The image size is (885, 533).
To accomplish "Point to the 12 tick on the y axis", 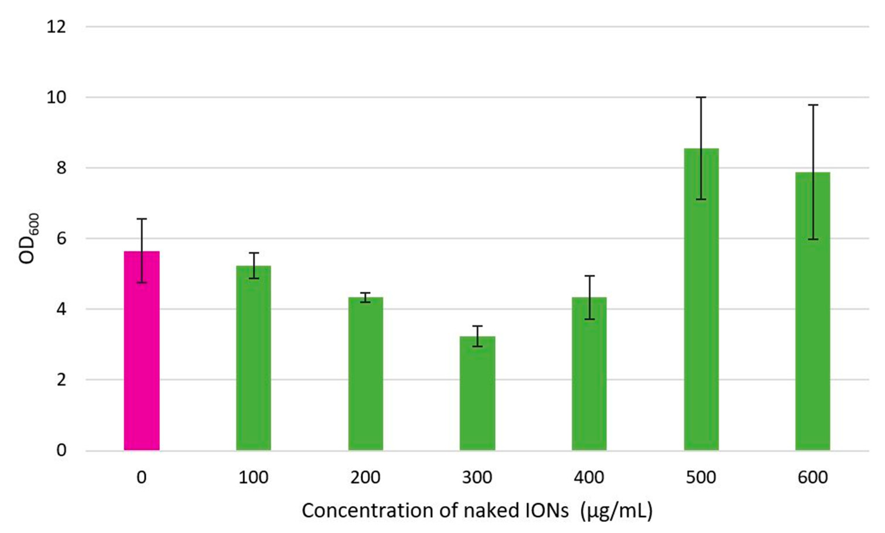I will pyautogui.click(x=57, y=27).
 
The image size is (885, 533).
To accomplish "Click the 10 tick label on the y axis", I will pyautogui.click(x=57, y=97).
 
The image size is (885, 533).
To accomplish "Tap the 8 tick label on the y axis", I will pyautogui.click(x=61, y=168).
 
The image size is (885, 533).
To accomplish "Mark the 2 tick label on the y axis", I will pyautogui.click(x=61, y=380).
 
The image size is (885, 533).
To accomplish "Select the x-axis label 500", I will pyautogui.click(x=701, y=477).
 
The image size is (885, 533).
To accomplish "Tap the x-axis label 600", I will pyautogui.click(x=813, y=477).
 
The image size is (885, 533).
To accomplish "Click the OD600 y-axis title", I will pyautogui.click(x=29, y=239).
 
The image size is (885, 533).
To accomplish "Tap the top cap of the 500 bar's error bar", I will pyautogui.click(x=701, y=97).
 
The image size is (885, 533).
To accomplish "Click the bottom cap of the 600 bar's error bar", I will pyautogui.click(x=813, y=239).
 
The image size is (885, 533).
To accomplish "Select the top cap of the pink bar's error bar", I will pyautogui.click(x=141, y=219).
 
